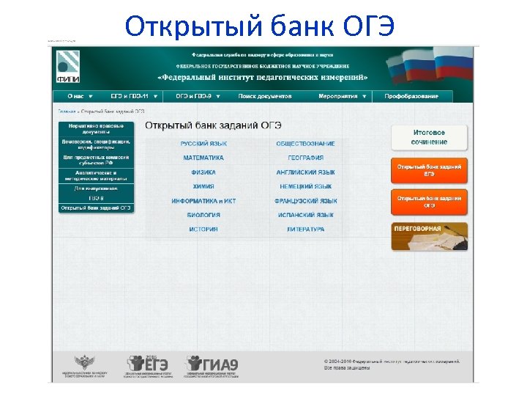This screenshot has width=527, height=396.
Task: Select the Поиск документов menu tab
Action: (x=264, y=96)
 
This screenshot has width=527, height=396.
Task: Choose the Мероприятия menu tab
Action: (x=338, y=96)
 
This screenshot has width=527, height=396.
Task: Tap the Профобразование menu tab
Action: (x=412, y=96)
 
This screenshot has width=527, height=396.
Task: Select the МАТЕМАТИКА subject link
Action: (x=203, y=158)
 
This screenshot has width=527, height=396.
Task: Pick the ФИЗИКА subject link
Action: (x=203, y=172)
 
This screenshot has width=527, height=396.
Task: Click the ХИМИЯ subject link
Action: (x=203, y=186)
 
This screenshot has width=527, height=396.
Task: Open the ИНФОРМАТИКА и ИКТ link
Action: (x=203, y=201)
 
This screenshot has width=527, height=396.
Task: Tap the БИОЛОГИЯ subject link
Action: (x=203, y=215)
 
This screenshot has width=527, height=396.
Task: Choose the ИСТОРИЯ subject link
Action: (x=203, y=230)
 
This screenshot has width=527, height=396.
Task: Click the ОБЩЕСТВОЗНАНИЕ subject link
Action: (x=305, y=144)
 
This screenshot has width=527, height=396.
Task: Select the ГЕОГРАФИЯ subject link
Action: (x=305, y=158)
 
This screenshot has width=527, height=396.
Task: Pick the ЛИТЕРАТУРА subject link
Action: (x=305, y=230)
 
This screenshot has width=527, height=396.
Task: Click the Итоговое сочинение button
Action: (x=429, y=137)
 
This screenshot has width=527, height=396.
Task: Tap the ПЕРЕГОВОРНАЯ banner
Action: (x=429, y=235)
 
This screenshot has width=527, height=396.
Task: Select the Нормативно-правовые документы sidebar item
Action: (x=96, y=128)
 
